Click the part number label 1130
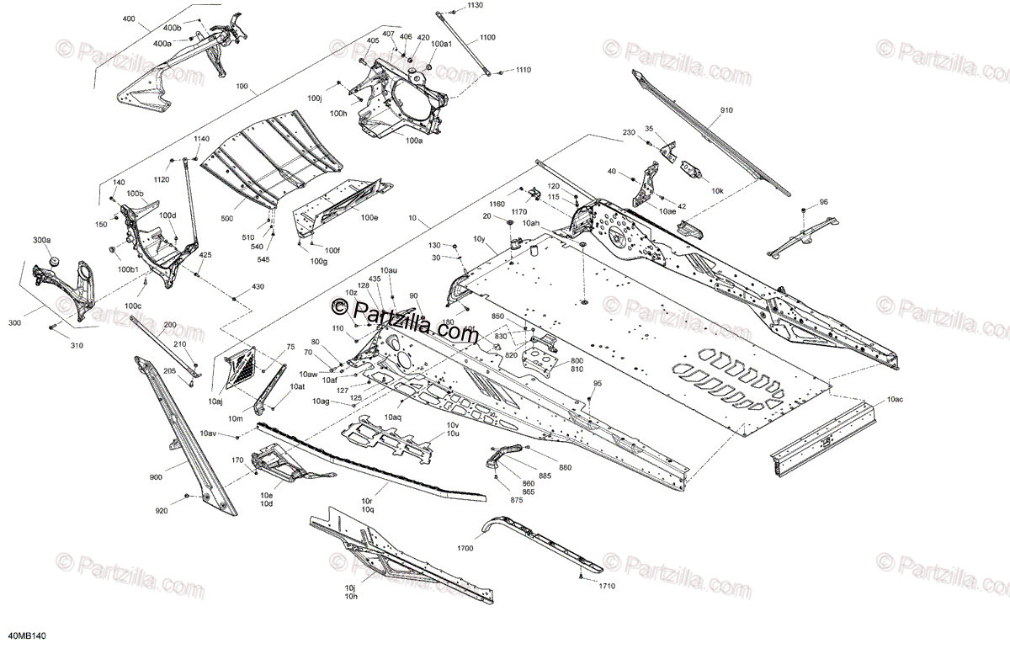(x=476, y=6)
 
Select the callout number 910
(x=726, y=111)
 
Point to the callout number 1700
(x=465, y=549)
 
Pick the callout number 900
(x=156, y=478)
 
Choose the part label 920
(x=162, y=511)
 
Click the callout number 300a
(x=42, y=241)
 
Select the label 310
(x=77, y=345)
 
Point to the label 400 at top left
(x=128, y=18)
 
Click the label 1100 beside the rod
(x=488, y=38)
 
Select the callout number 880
(x=565, y=468)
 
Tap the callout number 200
(x=170, y=325)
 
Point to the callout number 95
(x=598, y=384)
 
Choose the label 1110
(x=524, y=69)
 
